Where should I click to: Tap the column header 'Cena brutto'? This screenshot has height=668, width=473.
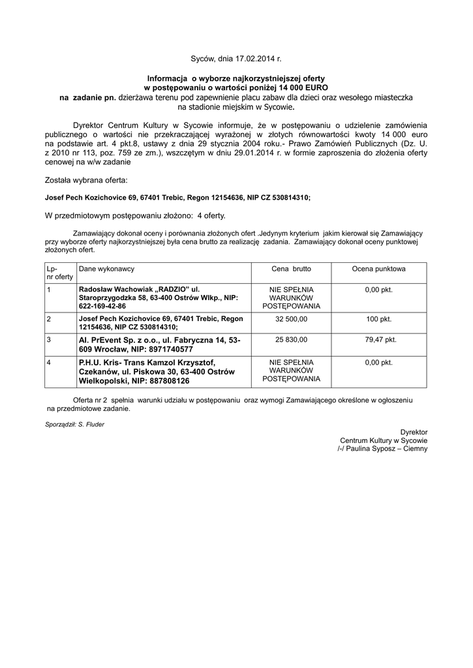[x=291, y=269]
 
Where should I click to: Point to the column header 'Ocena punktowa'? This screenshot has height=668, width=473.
[x=378, y=269]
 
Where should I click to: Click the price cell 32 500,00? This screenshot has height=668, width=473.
[x=291, y=319]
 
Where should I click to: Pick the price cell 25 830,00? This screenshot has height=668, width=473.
[x=291, y=340]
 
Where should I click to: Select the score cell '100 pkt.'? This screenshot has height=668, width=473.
[x=378, y=319]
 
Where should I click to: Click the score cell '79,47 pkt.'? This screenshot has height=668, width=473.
[x=378, y=340]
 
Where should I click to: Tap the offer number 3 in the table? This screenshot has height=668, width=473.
[x=49, y=340]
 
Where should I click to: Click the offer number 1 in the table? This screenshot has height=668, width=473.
[x=49, y=289]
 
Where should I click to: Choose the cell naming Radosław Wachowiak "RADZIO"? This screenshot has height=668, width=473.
[x=157, y=297]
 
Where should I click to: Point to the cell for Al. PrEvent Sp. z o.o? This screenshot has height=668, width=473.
[x=160, y=344]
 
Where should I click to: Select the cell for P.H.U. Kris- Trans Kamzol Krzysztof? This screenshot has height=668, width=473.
[x=157, y=371]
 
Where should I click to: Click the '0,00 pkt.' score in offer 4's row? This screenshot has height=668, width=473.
[x=378, y=362]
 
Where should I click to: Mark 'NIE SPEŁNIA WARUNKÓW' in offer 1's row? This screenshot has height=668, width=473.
[x=291, y=297]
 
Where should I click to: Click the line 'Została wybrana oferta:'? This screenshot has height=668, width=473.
[x=86, y=179]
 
